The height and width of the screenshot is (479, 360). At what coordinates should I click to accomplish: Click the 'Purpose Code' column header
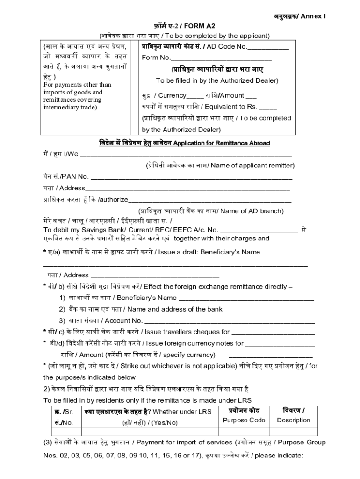(244, 420)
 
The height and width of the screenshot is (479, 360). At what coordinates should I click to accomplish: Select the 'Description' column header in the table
(293, 420)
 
